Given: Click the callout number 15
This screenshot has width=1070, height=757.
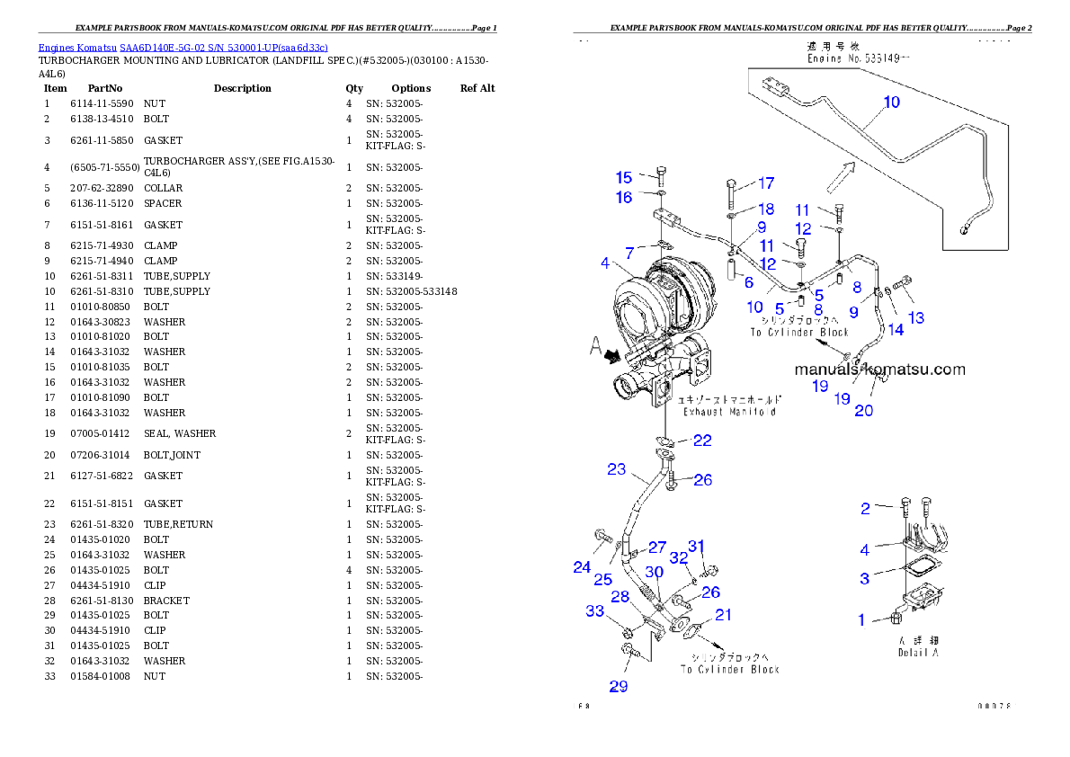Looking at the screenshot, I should (624, 178).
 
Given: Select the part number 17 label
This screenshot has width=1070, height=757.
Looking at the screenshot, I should (765, 183).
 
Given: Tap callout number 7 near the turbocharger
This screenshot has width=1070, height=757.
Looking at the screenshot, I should (630, 252).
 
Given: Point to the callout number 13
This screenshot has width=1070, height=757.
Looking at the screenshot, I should (915, 317).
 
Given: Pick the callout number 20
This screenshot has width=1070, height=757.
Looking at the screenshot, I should (863, 411).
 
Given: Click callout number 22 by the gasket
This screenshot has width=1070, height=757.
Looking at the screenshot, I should (702, 440).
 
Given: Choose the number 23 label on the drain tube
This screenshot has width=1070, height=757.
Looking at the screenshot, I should (616, 469).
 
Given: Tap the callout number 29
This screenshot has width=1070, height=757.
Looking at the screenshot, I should (619, 687).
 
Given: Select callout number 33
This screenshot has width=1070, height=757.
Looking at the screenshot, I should (595, 611).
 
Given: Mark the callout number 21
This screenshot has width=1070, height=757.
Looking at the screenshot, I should (723, 614).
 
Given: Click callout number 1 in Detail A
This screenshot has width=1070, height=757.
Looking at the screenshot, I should (861, 619).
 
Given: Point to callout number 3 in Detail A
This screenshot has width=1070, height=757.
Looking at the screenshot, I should (864, 578).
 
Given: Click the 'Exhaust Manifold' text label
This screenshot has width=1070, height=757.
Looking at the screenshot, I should (729, 412).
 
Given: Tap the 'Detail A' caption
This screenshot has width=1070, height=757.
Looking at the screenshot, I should (918, 652).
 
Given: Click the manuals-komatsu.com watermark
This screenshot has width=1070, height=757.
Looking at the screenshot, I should (879, 369).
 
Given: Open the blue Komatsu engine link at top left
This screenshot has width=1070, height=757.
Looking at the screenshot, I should (183, 47).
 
